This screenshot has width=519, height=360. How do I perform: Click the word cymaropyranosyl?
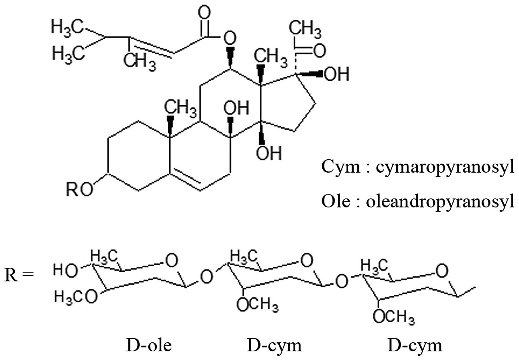point(445,167)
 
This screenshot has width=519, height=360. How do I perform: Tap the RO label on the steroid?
point(79,189)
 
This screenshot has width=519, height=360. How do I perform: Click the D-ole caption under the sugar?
point(149,345)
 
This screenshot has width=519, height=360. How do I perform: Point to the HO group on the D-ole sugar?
point(65,270)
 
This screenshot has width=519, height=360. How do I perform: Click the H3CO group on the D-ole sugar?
point(76,297)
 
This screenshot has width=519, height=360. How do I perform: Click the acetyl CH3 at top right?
point(305,28)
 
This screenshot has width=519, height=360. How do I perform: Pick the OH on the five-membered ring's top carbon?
point(337,74)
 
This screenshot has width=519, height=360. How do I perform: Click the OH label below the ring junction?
point(269,153)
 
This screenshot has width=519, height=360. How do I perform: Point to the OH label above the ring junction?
point(236,108)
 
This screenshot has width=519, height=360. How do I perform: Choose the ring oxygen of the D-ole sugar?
point(172,260)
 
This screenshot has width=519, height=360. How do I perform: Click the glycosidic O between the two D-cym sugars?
point(341,280)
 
